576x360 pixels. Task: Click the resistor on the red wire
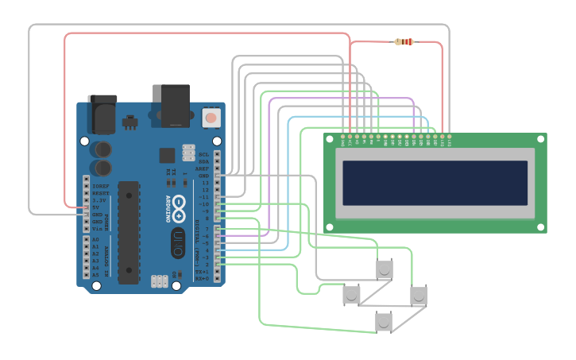404,42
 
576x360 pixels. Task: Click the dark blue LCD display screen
434,182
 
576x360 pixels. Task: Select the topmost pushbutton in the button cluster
385,269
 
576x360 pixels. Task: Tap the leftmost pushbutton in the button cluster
351,295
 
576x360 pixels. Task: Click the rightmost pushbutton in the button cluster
419,295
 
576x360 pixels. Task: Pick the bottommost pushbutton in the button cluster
384,322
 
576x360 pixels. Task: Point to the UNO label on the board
179,238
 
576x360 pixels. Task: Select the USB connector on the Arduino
175,105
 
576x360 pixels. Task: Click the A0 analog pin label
95,238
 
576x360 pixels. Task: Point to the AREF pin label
204,168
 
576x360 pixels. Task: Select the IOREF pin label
99,185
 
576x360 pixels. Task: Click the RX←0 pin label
202,279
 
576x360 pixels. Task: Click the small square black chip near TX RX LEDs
167,155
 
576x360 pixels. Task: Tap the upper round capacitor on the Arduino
102,149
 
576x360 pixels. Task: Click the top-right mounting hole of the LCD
542,138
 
